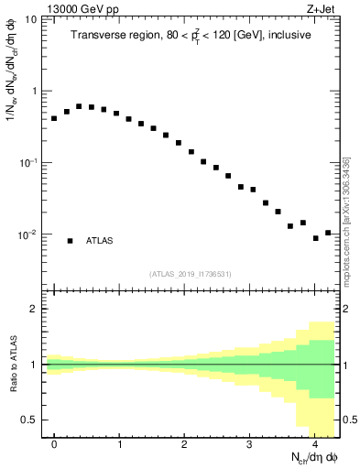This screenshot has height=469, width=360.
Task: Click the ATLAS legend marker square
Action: pyautogui.click(x=70, y=241)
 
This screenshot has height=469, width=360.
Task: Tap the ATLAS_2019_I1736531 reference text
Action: pyautogui.click(x=191, y=274)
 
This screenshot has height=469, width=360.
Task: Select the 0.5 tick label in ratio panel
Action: pyautogui.click(x=30, y=420)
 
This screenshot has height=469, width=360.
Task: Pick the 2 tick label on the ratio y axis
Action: pyautogui.click(x=35, y=309)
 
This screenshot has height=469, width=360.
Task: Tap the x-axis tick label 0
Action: pyautogui.click(x=54, y=444)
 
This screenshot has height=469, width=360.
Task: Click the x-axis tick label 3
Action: pyautogui.click(x=249, y=444)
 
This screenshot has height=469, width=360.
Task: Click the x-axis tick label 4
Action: pyautogui.click(x=314, y=444)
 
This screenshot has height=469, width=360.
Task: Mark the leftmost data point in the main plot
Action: pyautogui.click(x=54, y=118)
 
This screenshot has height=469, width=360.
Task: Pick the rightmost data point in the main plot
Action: pyautogui.click(x=328, y=233)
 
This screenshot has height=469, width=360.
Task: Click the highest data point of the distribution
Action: pyautogui.click(x=79, y=106)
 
